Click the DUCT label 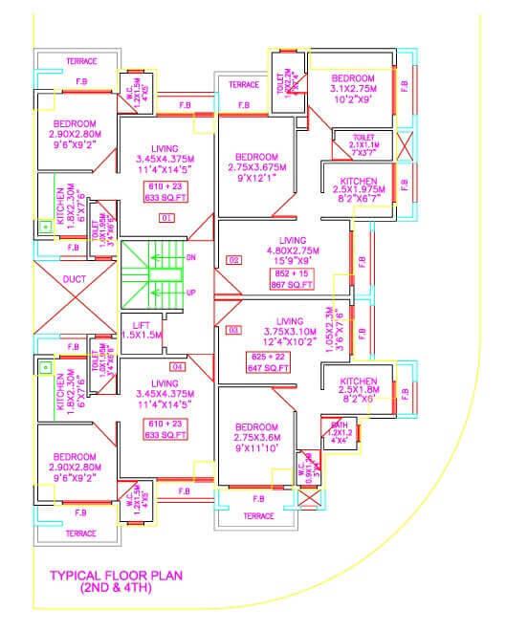[75, 279]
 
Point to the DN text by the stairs [190, 257]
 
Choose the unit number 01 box [167, 218]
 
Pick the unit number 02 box [232, 259]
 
